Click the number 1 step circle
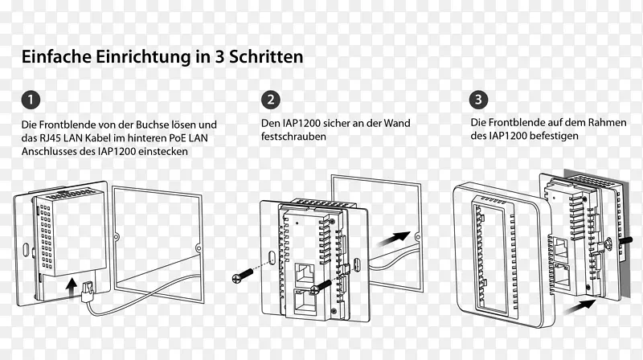click(x=31, y=100)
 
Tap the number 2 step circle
click(x=271, y=100)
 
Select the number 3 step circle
click(x=478, y=99)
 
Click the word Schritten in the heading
click(x=266, y=56)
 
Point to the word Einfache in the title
click(x=56, y=56)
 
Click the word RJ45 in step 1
click(x=51, y=137)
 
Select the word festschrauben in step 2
click(x=293, y=137)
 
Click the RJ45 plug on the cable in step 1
click(x=88, y=291)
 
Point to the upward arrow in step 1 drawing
click(x=72, y=288)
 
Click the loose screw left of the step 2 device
click(x=243, y=276)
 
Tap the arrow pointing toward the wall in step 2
click(x=393, y=239)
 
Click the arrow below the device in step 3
click(x=580, y=307)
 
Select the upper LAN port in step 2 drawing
click(x=305, y=273)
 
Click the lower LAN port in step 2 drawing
click(x=305, y=303)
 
